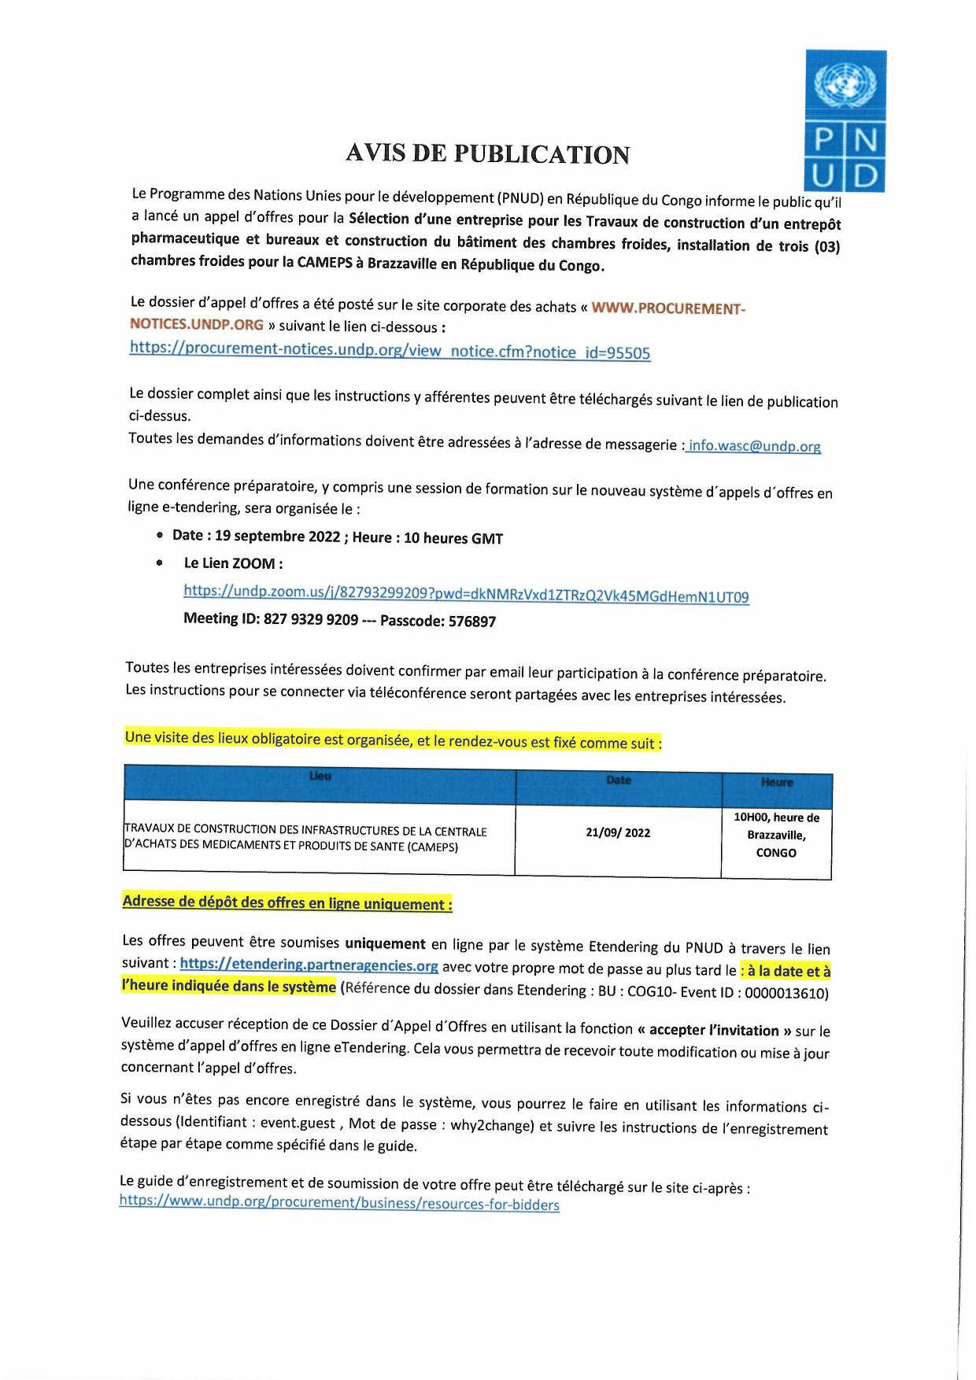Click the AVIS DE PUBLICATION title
click(x=487, y=153)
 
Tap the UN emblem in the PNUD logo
click(x=845, y=84)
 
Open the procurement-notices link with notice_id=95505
click(x=390, y=351)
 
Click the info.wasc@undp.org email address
click(x=754, y=446)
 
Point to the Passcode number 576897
click(x=472, y=622)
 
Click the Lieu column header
click(x=320, y=777)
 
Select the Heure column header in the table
click(x=776, y=782)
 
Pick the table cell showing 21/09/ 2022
click(x=618, y=832)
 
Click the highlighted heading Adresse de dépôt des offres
click(x=287, y=903)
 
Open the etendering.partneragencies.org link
click(x=309, y=965)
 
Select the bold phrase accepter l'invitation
click(x=714, y=1030)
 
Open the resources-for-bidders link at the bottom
click(x=339, y=1203)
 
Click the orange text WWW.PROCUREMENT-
click(x=667, y=308)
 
